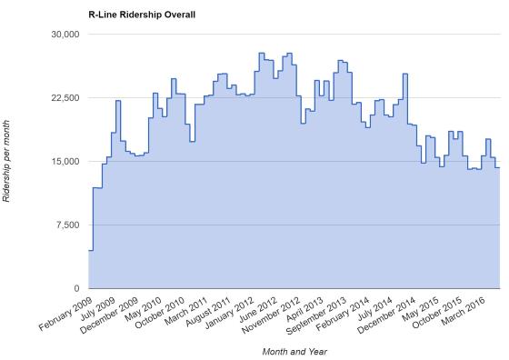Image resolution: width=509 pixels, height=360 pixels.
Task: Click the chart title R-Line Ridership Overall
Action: click(142, 15)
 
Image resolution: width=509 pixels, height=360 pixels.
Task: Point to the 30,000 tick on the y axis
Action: click(65, 35)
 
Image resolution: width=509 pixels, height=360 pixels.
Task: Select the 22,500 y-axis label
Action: click(65, 98)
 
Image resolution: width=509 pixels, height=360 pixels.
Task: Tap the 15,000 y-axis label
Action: click(65, 162)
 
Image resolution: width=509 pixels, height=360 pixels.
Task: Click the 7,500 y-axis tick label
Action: click(67, 225)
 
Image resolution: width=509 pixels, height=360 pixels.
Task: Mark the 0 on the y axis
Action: click(77, 289)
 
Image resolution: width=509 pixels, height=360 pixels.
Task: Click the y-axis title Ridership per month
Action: click(8, 161)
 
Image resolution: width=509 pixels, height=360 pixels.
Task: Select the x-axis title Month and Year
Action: click(294, 351)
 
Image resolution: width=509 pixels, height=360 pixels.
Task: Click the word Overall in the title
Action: click(176, 15)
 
